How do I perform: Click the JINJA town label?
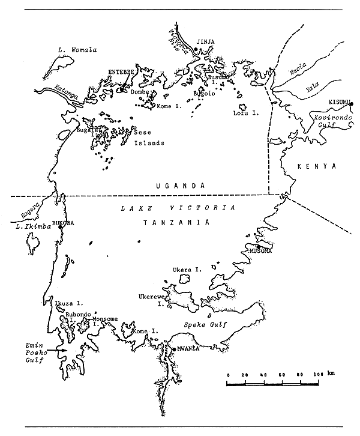(210, 42)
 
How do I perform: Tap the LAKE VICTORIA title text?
(175, 207)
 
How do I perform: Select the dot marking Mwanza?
(173, 350)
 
